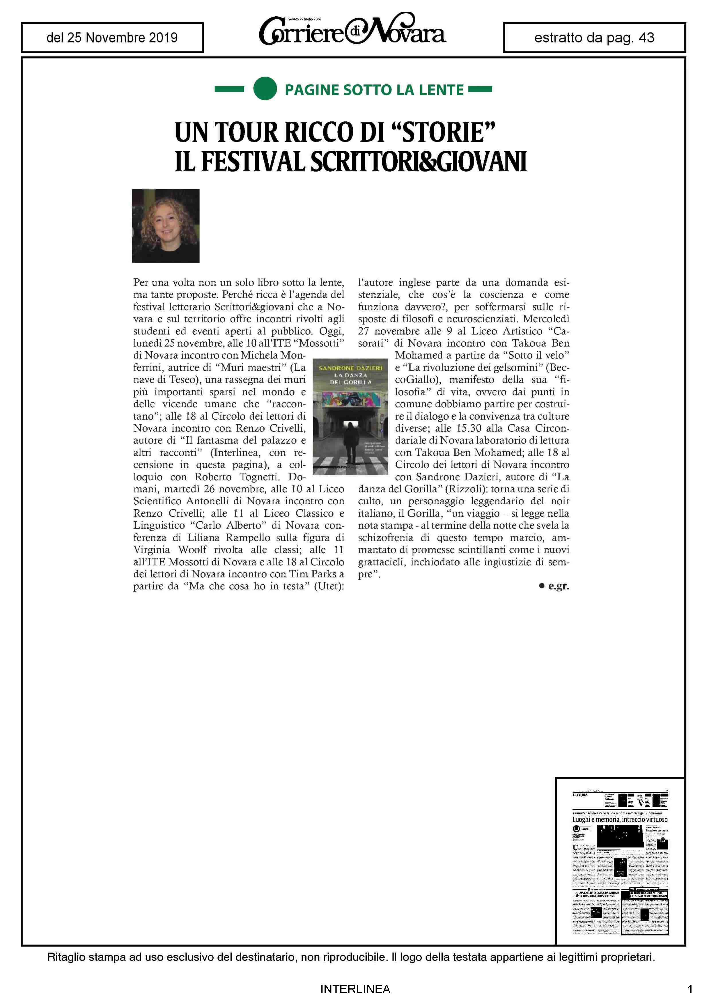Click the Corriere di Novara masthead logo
pyautogui.click(x=353, y=31)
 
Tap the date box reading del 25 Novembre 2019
pyautogui.click(x=112, y=38)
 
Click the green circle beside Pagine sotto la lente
pyautogui.click(x=265, y=88)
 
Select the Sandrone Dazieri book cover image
pyautogui.click(x=350, y=416)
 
